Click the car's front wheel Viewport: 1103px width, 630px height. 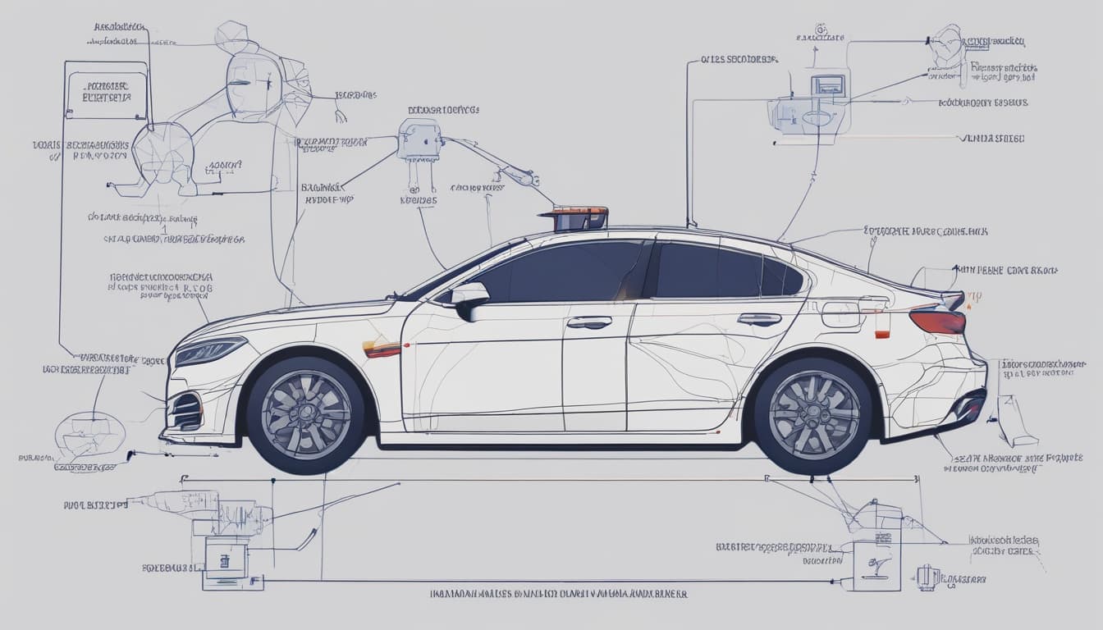(x=305, y=415)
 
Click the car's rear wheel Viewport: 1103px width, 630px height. (x=813, y=414)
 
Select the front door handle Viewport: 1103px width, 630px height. (x=588, y=322)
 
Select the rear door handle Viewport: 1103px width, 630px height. (x=759, y=319)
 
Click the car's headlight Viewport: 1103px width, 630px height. (x=210, y=350)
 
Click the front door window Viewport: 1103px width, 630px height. (x=566, y=272)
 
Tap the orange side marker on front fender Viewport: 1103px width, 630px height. (x=382, y=349)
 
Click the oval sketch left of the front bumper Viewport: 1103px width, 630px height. (x=89, y=435)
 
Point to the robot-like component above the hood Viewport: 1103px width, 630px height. (x=419, y=141)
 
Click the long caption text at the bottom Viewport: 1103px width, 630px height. (x=558, y=593)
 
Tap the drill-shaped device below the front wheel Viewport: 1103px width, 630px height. (x=189, y=502)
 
